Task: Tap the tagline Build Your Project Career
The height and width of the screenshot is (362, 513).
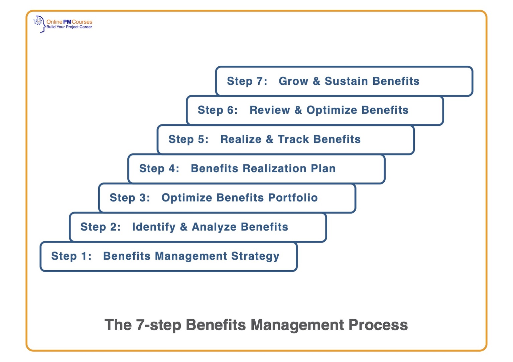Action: (x=69, y=27)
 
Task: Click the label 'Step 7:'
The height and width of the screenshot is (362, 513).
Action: (x=247, y=81)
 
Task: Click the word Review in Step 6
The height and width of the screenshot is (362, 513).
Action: (x=270, y=110)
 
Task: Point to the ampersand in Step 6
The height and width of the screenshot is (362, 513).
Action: (x=298, y=110)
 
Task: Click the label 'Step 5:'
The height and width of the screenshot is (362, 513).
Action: (x=188, y=139)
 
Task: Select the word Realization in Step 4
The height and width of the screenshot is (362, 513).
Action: (x=274, y=168)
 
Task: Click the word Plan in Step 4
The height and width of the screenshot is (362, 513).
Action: (x=323, y=168)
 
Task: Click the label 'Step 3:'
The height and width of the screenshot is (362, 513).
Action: (x=130, y=198)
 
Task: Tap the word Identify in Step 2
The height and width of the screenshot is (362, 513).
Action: (x=154, y=227)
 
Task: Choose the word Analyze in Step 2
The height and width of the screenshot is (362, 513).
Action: (x=214, y=227)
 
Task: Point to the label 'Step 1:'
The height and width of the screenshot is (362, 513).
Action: (x=71, y=256)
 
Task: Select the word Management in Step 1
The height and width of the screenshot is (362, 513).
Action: (x=191, y=256)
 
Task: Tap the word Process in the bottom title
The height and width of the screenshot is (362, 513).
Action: (x=378, y=325)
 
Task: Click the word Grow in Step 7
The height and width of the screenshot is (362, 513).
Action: (x=293, y=81)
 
